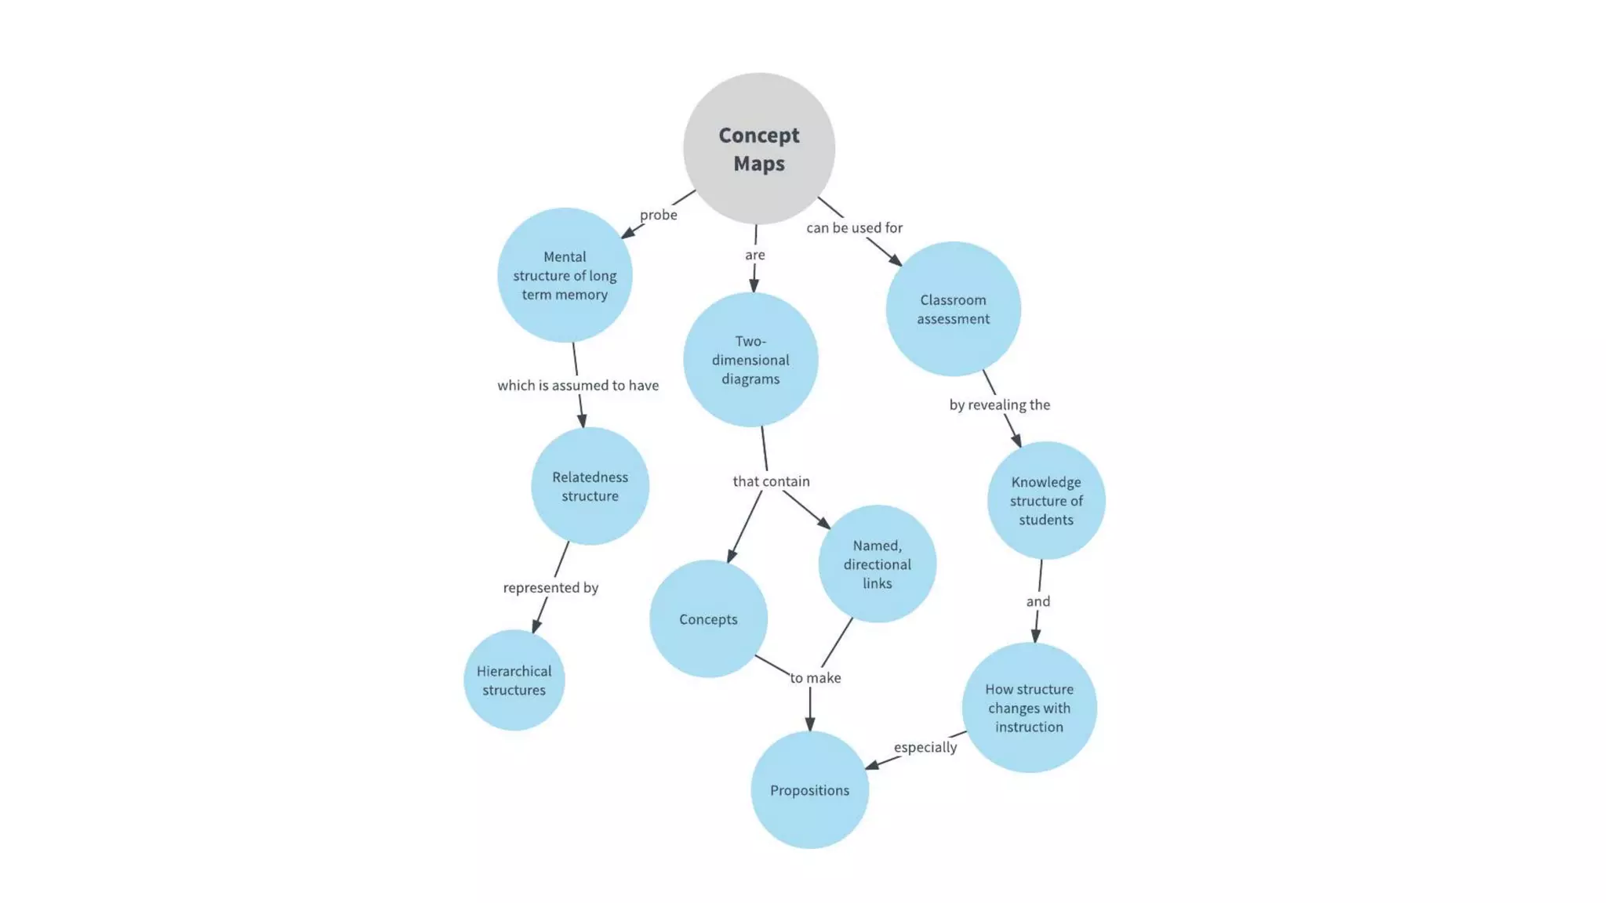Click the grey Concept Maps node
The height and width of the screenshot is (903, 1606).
click(758, 149)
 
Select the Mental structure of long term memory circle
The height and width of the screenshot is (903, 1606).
click(565, 275)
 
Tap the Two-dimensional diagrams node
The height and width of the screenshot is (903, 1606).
click(750, 360)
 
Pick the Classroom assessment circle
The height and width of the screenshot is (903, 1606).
click(953, 309)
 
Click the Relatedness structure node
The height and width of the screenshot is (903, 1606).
click(590, 486)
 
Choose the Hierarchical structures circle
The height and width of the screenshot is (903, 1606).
click(514, 680)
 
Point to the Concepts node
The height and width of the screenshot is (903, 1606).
click(708, 619)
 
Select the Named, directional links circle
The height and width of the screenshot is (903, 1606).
click(877, 564)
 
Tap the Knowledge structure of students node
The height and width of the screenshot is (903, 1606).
click(1045, 500)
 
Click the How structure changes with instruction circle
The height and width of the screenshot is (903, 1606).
click(1029, 708)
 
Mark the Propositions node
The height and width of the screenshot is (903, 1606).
click(809, 790)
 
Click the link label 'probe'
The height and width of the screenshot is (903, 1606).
click(658, 215)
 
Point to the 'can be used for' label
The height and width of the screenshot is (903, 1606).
click(854, 228)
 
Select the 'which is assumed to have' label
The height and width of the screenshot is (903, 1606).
click(578, 386)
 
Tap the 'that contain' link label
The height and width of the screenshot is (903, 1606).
click(771, 481)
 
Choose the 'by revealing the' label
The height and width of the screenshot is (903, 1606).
click(999, 405)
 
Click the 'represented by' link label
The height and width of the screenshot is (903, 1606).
click(550, 588)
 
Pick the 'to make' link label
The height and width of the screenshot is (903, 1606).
click(816, 678)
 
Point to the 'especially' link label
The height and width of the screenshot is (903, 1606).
click(925, 747)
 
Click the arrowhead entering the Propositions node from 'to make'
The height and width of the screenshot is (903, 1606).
click(810, 723)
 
